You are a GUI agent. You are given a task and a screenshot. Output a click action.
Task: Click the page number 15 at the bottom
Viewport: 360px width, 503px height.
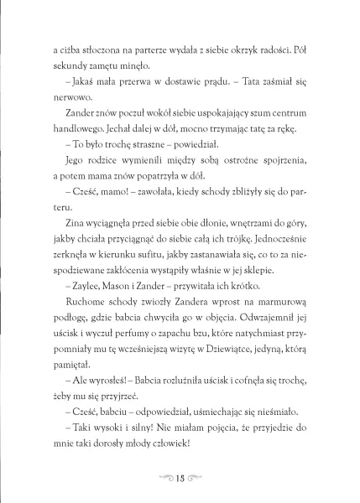(180, 480)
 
